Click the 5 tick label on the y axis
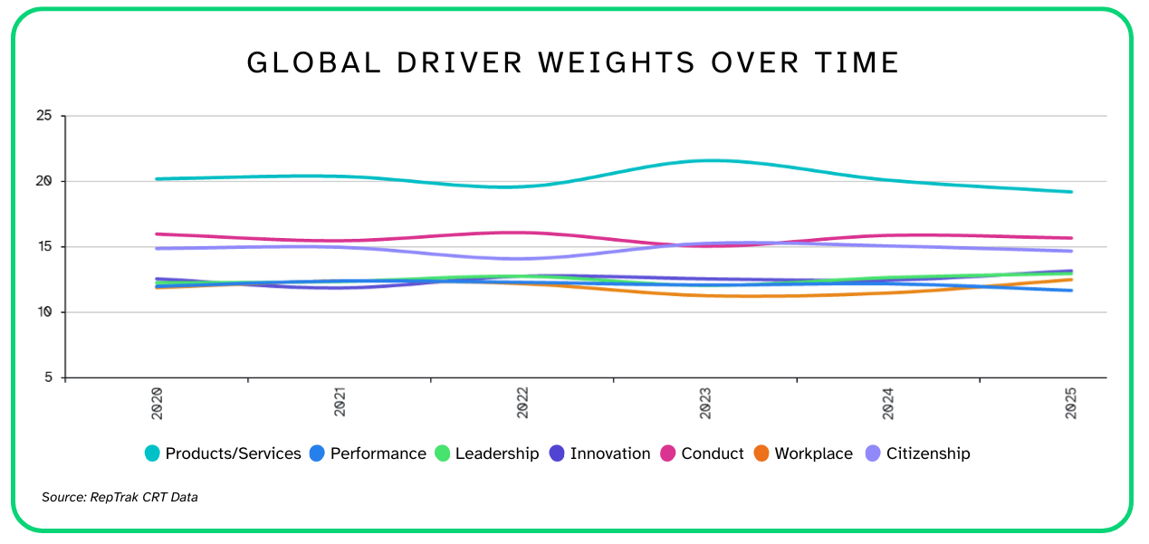pyautogui.click(x=48, y=377)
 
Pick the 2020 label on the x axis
pyautogui.click(x=157, y=402)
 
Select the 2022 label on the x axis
pyautogui.click(x=522, y=402)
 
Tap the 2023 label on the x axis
pyautogui.click(x=705, y=402)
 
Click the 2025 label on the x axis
pyautogui.click(x=1071, y=402)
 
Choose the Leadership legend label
pyautogui.click(x=497, y=453)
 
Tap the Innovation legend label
pyautogui.click(x=609, y=453)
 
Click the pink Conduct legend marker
pyautogui.click(x=670, y=453)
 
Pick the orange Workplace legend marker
pyautogui.click(x=761, y=453)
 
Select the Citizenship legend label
pyautogui.click(x=928, y=453)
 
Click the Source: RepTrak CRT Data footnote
pyautogui.click(x=120, y=497)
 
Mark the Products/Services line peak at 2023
pyautogui.click(x=705, y=160)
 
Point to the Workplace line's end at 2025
pyautogui.click(x=1071, y=280)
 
